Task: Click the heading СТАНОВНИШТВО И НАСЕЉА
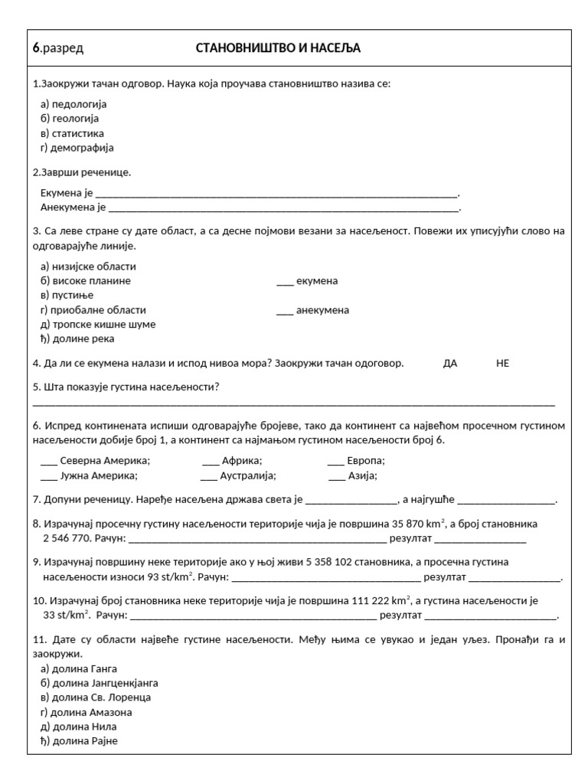[x=278, y=49]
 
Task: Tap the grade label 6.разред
[x=58, y=49]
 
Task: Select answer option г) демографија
[x=77, y=148]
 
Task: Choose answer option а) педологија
[x=73, y=104]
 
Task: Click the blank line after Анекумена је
[x=283, y=208]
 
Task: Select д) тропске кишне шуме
[x=97, y=325]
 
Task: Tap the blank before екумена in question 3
[x=284, y=282]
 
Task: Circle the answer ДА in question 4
[x=450, y=364]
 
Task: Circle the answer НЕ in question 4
[x=502, y=364]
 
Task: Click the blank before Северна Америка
[x=48, y=462]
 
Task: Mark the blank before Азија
[x=337, y=476]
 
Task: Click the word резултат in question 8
[x=411, y=538]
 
